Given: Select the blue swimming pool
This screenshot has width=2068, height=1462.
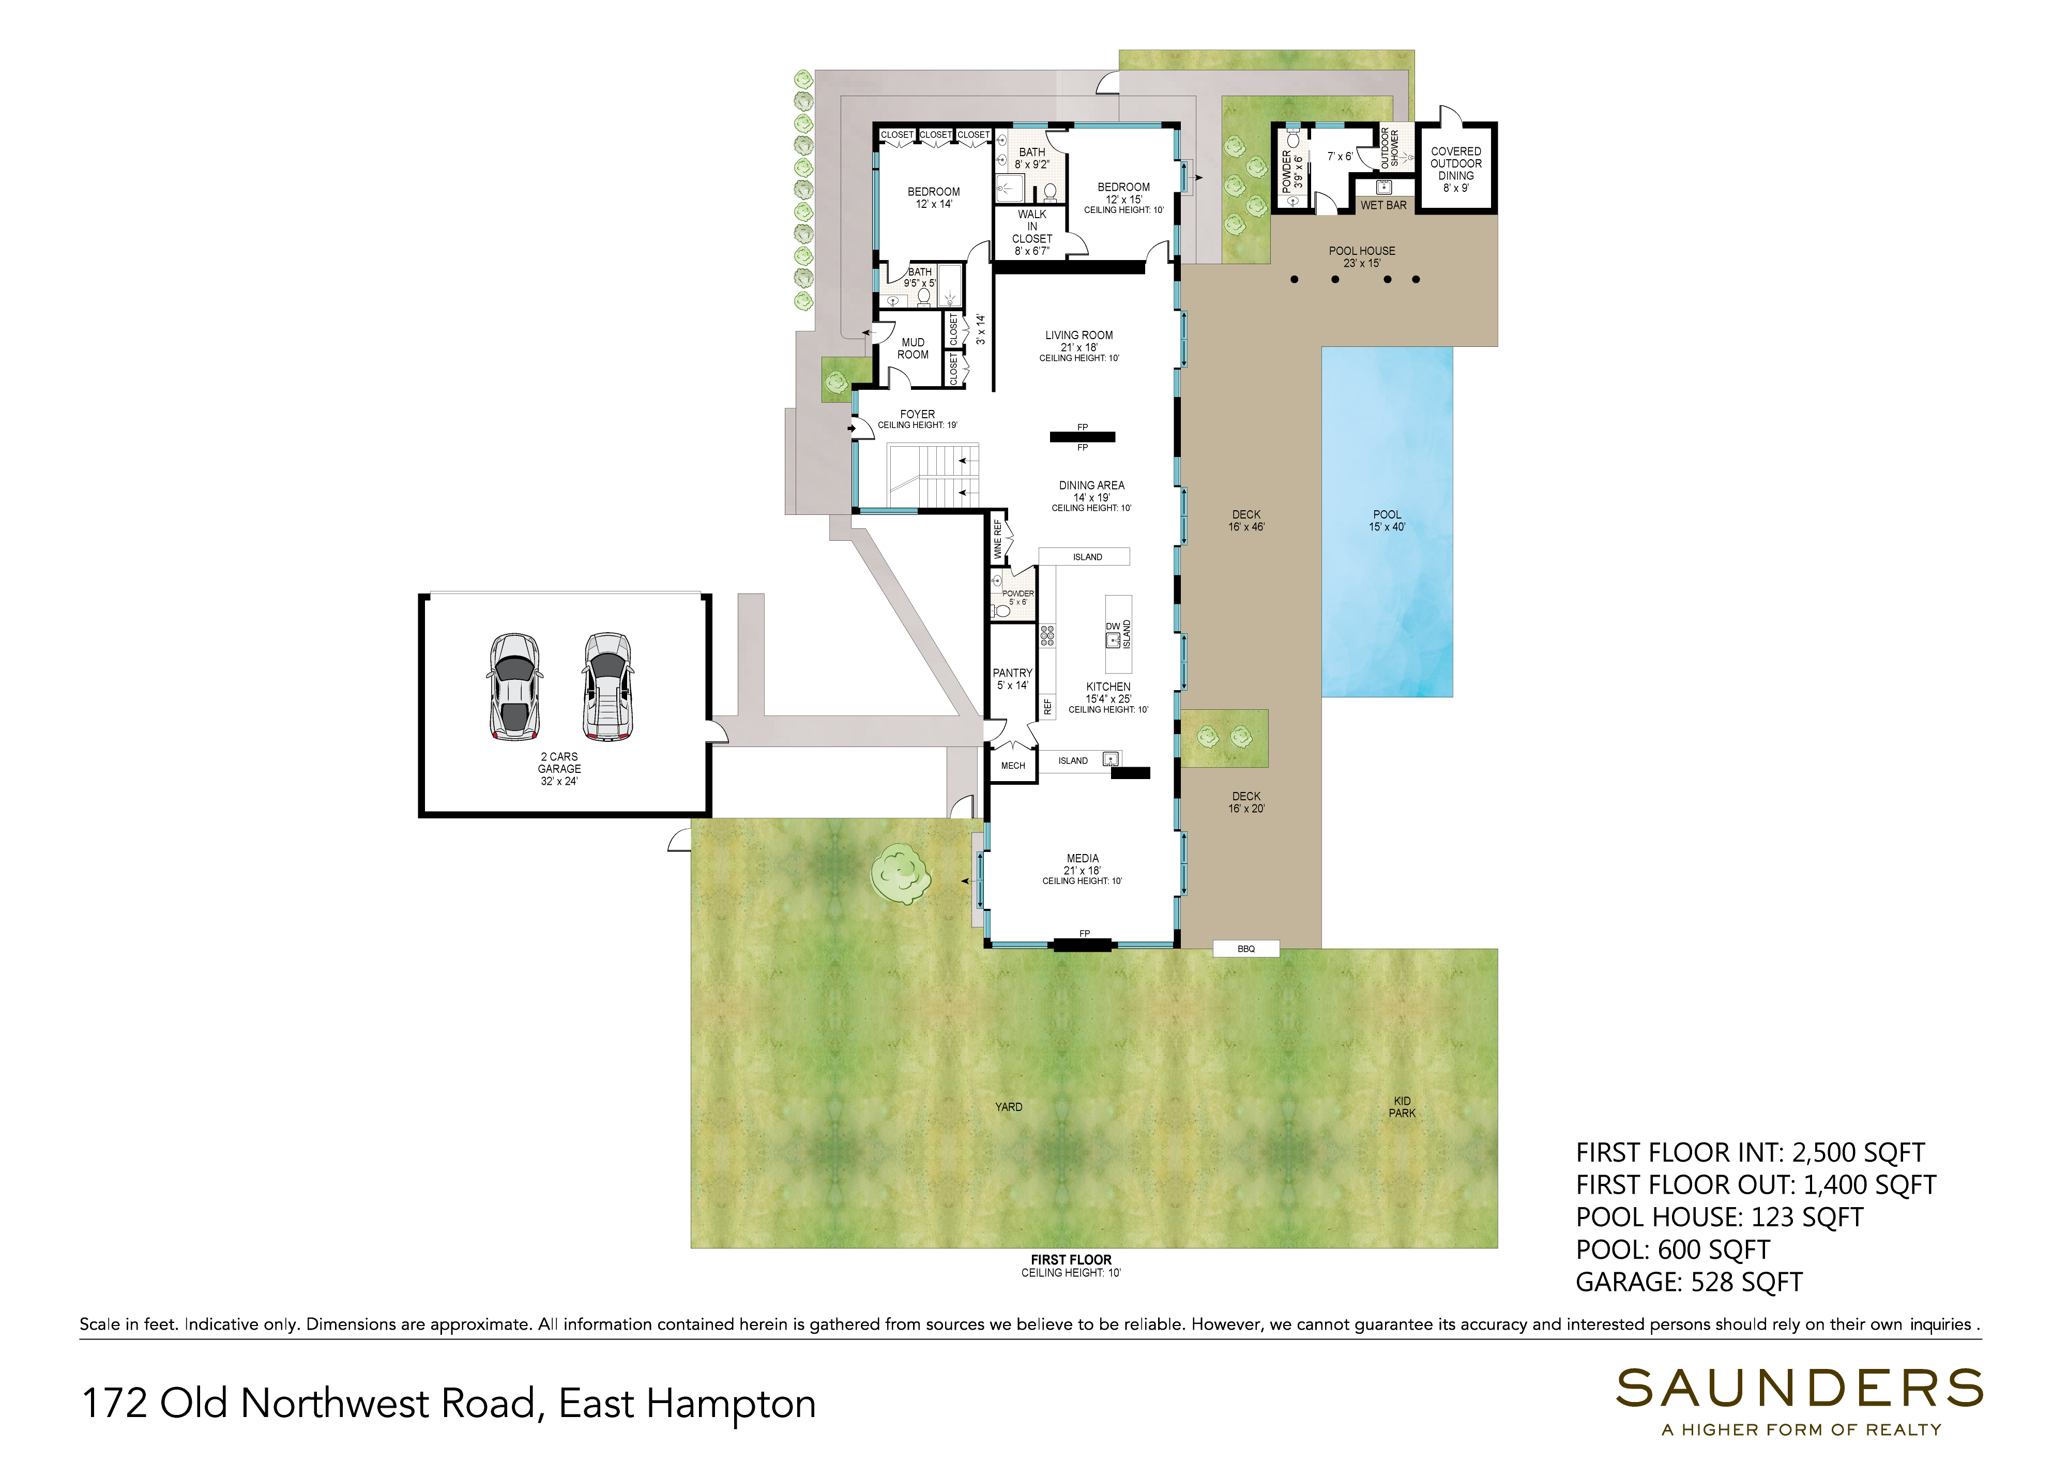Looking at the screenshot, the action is pyautogui.click(x=1387, y=522).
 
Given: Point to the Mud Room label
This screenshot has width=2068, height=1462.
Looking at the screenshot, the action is pyautogui.click(x=914, y=348).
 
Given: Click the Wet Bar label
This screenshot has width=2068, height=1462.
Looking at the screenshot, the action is pyautogui.click(x=1383, y=205).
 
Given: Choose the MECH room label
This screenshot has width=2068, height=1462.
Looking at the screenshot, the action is pyautogui.click(x=1013, y=766).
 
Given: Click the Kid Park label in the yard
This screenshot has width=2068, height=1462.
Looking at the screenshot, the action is pyautogui.click(x=1403, y=1107).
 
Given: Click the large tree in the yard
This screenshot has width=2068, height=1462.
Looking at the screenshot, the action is pyautogui.click(x=900, y=873).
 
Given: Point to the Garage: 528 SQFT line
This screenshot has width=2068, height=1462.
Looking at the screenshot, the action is pyautogui.click(x=1689, y=1282).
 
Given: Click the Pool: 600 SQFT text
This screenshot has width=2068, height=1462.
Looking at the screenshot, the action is pyautogui.click(x=1672, y=1250).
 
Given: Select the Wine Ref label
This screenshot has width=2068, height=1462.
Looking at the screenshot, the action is pyautogui.click(x=997, y=540).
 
